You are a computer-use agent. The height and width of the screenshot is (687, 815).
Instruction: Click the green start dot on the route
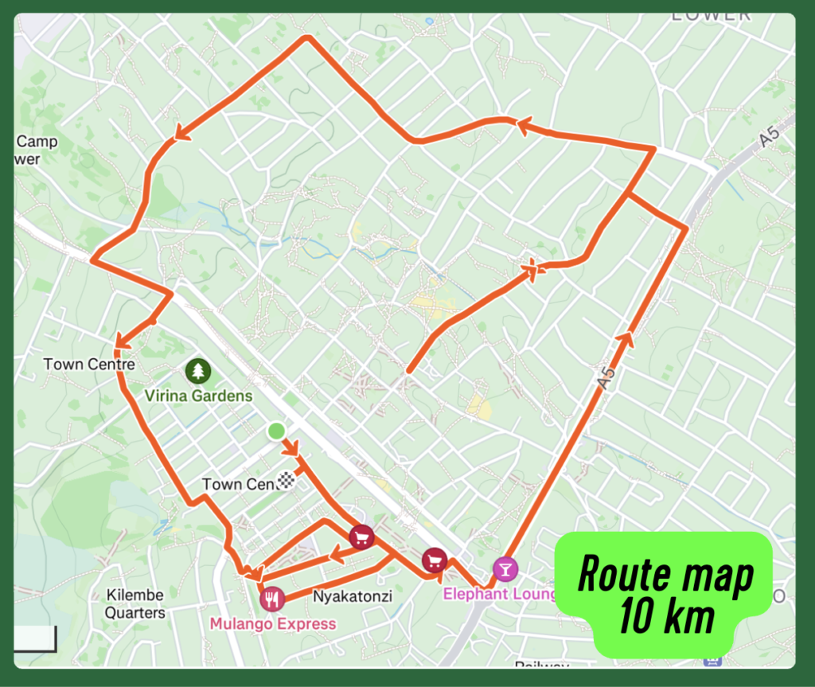[276, 431]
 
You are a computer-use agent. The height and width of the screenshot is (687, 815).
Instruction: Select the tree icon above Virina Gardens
[198, 370]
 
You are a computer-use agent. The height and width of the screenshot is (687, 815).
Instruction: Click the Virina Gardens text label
[198, 396]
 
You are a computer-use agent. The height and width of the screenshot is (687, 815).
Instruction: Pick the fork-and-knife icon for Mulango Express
[272, 598]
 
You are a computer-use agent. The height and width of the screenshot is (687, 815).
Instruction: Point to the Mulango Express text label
[272, 623]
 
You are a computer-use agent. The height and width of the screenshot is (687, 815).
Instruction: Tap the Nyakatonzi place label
[352, 595]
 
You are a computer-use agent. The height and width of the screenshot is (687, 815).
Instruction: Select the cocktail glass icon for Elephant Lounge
[504, 568]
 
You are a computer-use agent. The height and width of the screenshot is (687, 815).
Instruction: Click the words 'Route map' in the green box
[665, 574]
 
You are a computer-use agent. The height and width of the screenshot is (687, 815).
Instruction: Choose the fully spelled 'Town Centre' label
[89, 364]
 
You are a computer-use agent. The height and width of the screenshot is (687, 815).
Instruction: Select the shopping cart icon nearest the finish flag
[362, 537]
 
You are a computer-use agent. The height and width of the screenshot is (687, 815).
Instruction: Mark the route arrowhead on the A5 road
[627, 338]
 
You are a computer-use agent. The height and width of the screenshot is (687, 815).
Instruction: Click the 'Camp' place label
[37, 142]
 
